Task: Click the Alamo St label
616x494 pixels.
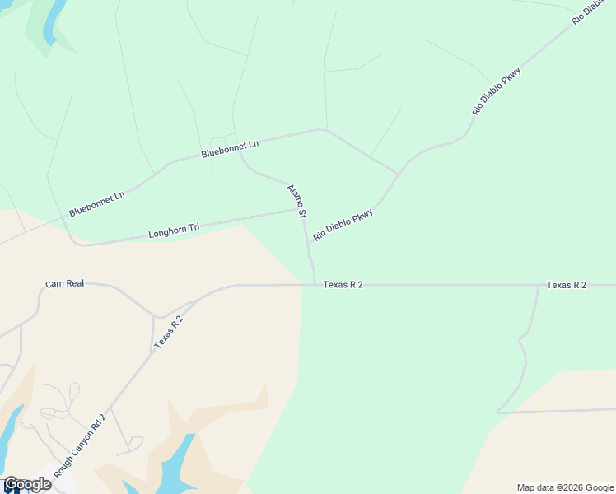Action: coord(296,201)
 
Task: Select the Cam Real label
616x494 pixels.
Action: coord(65,284)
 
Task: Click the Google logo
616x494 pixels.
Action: coord(26,484)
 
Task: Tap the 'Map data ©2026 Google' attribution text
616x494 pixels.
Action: coord(564,487)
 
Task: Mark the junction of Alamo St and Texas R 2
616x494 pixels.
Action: coord(315,285)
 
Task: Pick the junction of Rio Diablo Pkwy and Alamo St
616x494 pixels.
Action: coord(308,243)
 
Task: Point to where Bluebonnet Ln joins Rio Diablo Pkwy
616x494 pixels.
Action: coord(398,174)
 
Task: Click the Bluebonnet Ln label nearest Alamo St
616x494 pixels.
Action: coord(230,149)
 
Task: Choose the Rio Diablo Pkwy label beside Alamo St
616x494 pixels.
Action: coord(343,224)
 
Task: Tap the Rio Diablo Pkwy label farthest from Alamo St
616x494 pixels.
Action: coord(497,91)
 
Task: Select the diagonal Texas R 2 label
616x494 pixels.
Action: coord(168,333)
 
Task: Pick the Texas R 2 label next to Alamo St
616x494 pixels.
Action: coord(343,285)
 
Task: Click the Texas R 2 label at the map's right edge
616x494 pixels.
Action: coord(567,285)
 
